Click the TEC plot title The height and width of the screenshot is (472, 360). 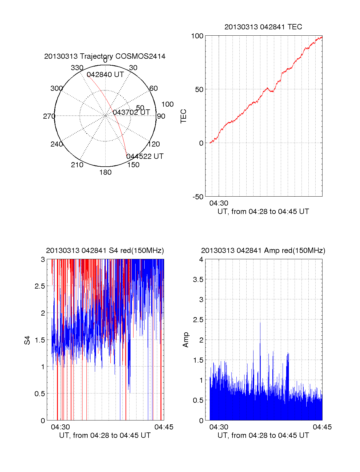coord(263,27)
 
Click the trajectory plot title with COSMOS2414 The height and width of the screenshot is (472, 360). coord(105,56)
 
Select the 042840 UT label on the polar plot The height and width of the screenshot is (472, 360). coord(105,75)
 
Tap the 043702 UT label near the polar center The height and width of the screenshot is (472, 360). coord(131,112)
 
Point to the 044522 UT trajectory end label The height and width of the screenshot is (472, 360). coord(145,156)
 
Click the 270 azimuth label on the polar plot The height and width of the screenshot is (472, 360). coord(49,116)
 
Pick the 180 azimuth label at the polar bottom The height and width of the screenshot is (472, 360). coord(105,172)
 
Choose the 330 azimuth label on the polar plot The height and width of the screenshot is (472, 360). coord(77,68)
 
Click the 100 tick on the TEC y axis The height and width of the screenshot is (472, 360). coord(197,36)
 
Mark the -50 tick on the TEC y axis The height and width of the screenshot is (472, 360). coord(198,197)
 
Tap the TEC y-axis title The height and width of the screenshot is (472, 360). coord(184,116)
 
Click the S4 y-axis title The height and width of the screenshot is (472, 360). coord(27,340)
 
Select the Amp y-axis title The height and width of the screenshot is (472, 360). coord(186,340)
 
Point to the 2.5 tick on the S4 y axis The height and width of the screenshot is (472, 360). coord(40,286)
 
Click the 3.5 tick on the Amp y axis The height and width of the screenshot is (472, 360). coord(198,280)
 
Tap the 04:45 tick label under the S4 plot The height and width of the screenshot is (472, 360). coord(164,427)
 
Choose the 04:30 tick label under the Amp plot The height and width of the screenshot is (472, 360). coord(219,427)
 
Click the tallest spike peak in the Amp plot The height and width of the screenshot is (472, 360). coord(260,323)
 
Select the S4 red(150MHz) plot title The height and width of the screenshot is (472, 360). coord(105,251)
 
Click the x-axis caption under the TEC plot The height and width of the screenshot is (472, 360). coord(263,212)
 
